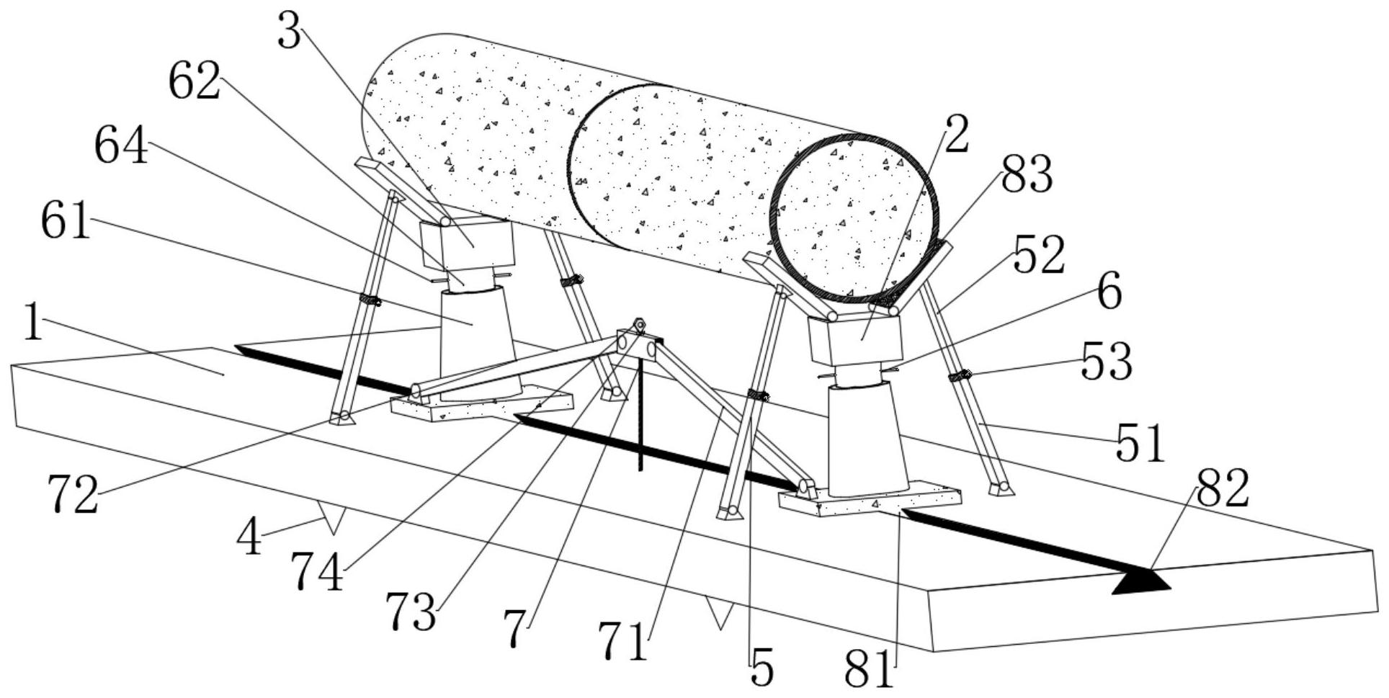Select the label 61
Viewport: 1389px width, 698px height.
66,222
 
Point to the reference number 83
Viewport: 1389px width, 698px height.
1026,175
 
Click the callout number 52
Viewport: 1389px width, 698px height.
1038,256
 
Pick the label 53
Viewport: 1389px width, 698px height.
1107,362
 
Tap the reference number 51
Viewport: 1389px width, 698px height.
1140,442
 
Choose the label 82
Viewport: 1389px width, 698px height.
1222,490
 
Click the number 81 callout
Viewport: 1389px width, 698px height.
870,670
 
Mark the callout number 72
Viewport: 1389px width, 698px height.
73,496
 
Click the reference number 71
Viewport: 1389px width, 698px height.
622,642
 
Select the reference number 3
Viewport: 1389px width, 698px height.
289,33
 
